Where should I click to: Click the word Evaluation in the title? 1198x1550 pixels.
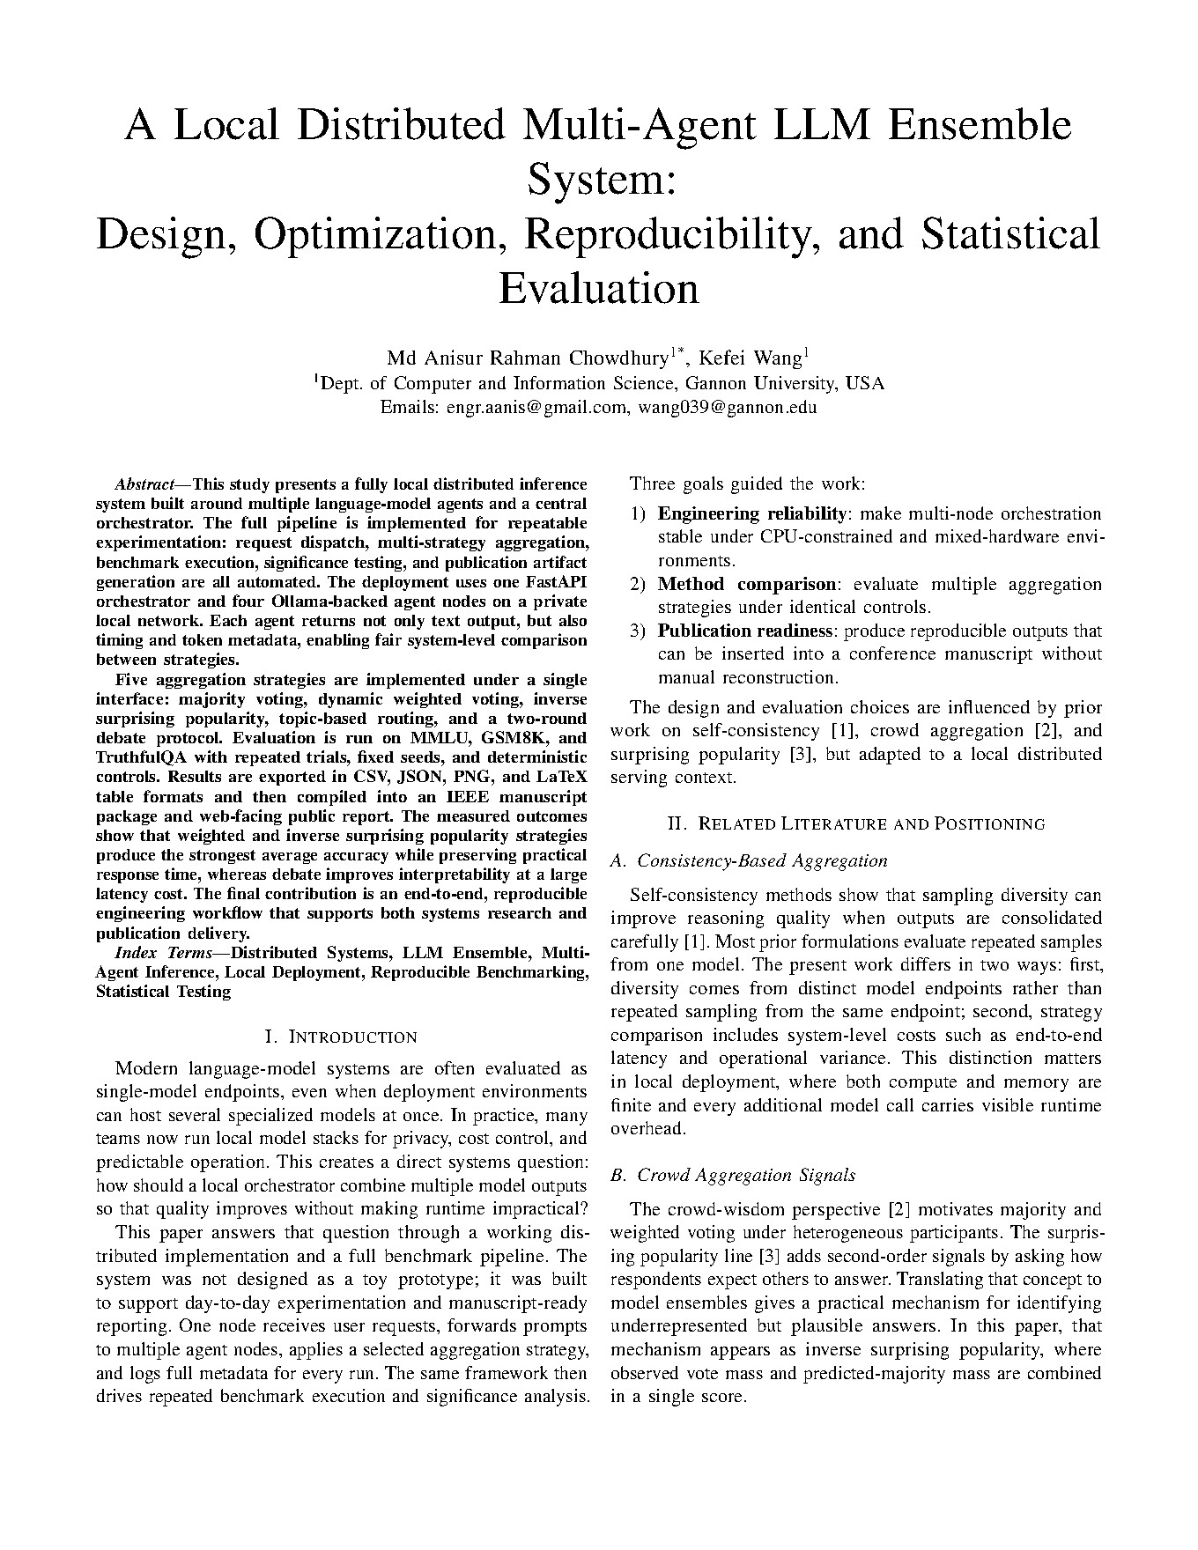[x=598, y=288]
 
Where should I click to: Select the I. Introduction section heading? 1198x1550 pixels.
[x=341, y=1037]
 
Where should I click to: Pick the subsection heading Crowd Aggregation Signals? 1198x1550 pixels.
[x=745, y=1175]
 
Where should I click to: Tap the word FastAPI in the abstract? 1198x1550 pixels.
[x=556, y=582]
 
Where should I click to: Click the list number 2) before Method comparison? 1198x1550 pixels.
[x=638, y=584]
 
